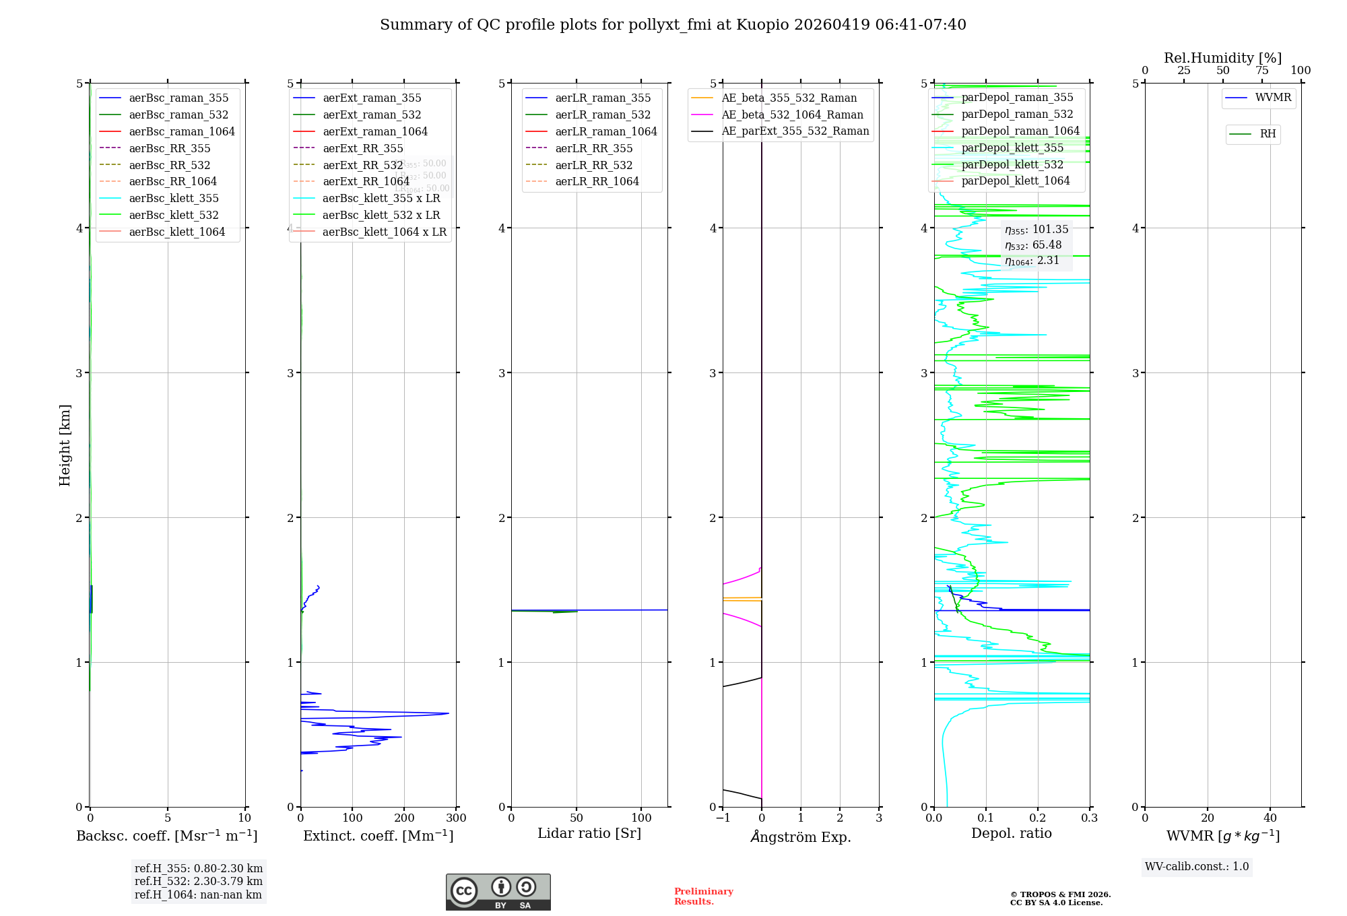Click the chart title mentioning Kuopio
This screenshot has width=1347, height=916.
(673, 25)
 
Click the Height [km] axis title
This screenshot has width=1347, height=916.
(65, 445)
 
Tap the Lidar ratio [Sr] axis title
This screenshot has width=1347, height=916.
(589, 834)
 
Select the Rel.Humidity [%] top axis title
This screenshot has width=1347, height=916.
(1222, 58)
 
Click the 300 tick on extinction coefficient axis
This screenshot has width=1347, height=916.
(457, 818)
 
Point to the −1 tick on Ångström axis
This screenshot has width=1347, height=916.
(723, 818)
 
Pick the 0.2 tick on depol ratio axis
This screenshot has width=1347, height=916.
(1038, 818)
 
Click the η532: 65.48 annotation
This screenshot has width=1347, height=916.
(1033, 245)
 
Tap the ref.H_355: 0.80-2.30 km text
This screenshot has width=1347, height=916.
(199, 869)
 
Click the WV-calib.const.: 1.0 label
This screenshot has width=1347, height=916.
(1197, 867)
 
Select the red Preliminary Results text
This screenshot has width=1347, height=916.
(703, 896)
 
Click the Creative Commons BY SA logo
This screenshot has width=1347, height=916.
(498, 892)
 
